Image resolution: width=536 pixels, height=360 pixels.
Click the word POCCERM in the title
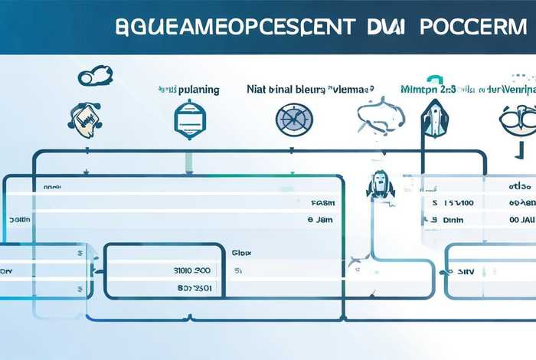472,25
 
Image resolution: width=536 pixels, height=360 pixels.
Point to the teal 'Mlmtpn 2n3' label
428,90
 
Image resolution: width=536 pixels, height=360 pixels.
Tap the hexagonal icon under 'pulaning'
188,119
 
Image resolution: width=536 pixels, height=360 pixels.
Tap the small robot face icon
379,184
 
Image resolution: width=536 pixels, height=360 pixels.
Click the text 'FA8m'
323,203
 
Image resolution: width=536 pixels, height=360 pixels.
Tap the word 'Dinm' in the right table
453,220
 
